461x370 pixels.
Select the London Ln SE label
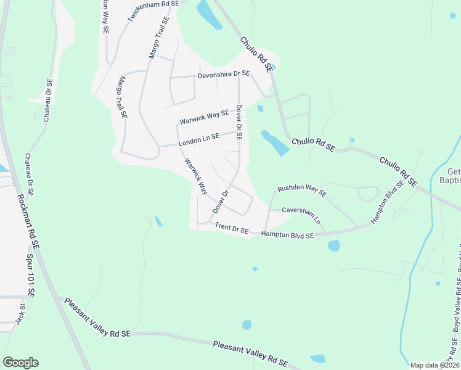click(x=198, y=141)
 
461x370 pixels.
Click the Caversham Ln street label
click(x=301, y=213)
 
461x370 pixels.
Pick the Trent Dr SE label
click(x=231, y=228)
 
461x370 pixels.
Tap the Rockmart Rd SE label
click(x=28, y=222)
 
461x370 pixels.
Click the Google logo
click(x=20, y=363)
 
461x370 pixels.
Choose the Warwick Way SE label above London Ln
click(x=204, y=117)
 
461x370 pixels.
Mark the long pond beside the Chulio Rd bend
click(x=275, y=142)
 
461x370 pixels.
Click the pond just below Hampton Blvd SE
click(x=333, y=245)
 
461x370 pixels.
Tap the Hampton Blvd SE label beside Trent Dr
click(x=287, y=235)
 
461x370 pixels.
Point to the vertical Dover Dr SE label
click(x=239, y=122)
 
